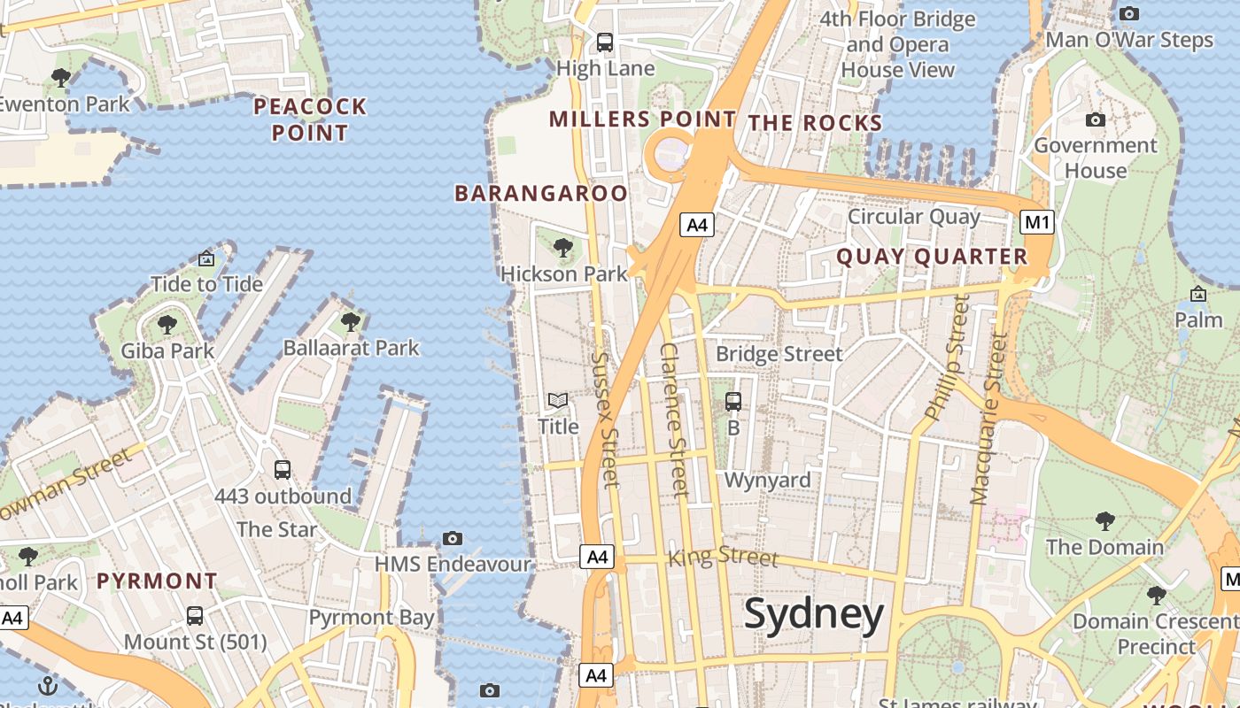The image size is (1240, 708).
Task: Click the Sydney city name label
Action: (x=813, y=613)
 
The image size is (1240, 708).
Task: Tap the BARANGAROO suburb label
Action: (x=540, y=193)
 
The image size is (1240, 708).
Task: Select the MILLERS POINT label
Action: (x=642, y=119)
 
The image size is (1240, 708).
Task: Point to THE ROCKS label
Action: (x=815, y=123)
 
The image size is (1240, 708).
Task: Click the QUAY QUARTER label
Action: (x=932, y=257)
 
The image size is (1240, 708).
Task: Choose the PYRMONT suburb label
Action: (x=157, y=581)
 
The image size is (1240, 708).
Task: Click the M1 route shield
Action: (x=1037, y=222)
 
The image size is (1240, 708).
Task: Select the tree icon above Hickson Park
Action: (x=562, y=248)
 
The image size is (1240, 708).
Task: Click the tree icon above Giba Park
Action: (x=167, y=325)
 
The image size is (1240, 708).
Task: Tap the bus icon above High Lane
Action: (x=605, y=42)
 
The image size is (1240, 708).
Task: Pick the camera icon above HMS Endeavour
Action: (x=453, y=538)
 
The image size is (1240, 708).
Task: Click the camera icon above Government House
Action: (x=1096, y=119)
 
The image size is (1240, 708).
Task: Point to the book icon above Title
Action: (x=558, y=401)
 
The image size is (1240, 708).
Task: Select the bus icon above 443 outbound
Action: (x=283, y=470)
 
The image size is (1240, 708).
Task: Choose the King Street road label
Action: (x=723, y=557)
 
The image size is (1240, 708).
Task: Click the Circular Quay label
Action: (x=913, y=217)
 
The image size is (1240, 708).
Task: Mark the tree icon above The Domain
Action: (x=1104, y=520)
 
